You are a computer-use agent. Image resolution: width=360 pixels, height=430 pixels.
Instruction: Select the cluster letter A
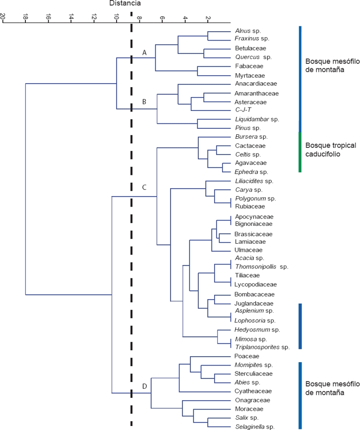tap(144, 52)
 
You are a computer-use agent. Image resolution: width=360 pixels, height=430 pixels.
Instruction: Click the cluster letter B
tap(144, 102)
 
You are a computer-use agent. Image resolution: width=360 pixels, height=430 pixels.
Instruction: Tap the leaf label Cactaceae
tap(250, 146)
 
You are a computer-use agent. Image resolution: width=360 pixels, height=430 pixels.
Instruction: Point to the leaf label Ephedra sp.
tap(251, 172)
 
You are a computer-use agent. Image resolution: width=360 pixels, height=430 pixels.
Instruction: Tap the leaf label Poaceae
tap(246, 356)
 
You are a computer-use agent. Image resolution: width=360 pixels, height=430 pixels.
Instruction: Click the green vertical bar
tap(300, 152)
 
